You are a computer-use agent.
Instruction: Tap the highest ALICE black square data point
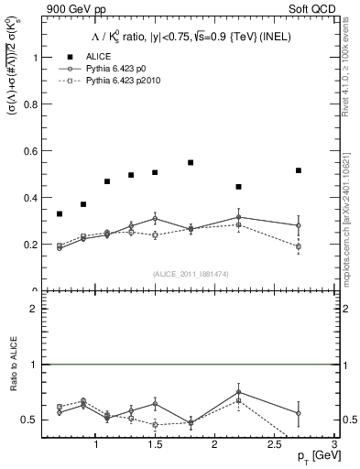pyautogui.click(x=191, y=162)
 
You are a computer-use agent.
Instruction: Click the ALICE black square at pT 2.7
pyautogui.click(x=298, y=170)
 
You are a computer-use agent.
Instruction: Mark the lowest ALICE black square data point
pyautogui.click(x=60, y=213)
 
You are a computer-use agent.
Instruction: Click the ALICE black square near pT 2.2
pyautogui.click(x=238, y=187)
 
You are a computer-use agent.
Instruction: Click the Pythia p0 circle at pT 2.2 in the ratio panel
pyautogui.click(x=238, y=392)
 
